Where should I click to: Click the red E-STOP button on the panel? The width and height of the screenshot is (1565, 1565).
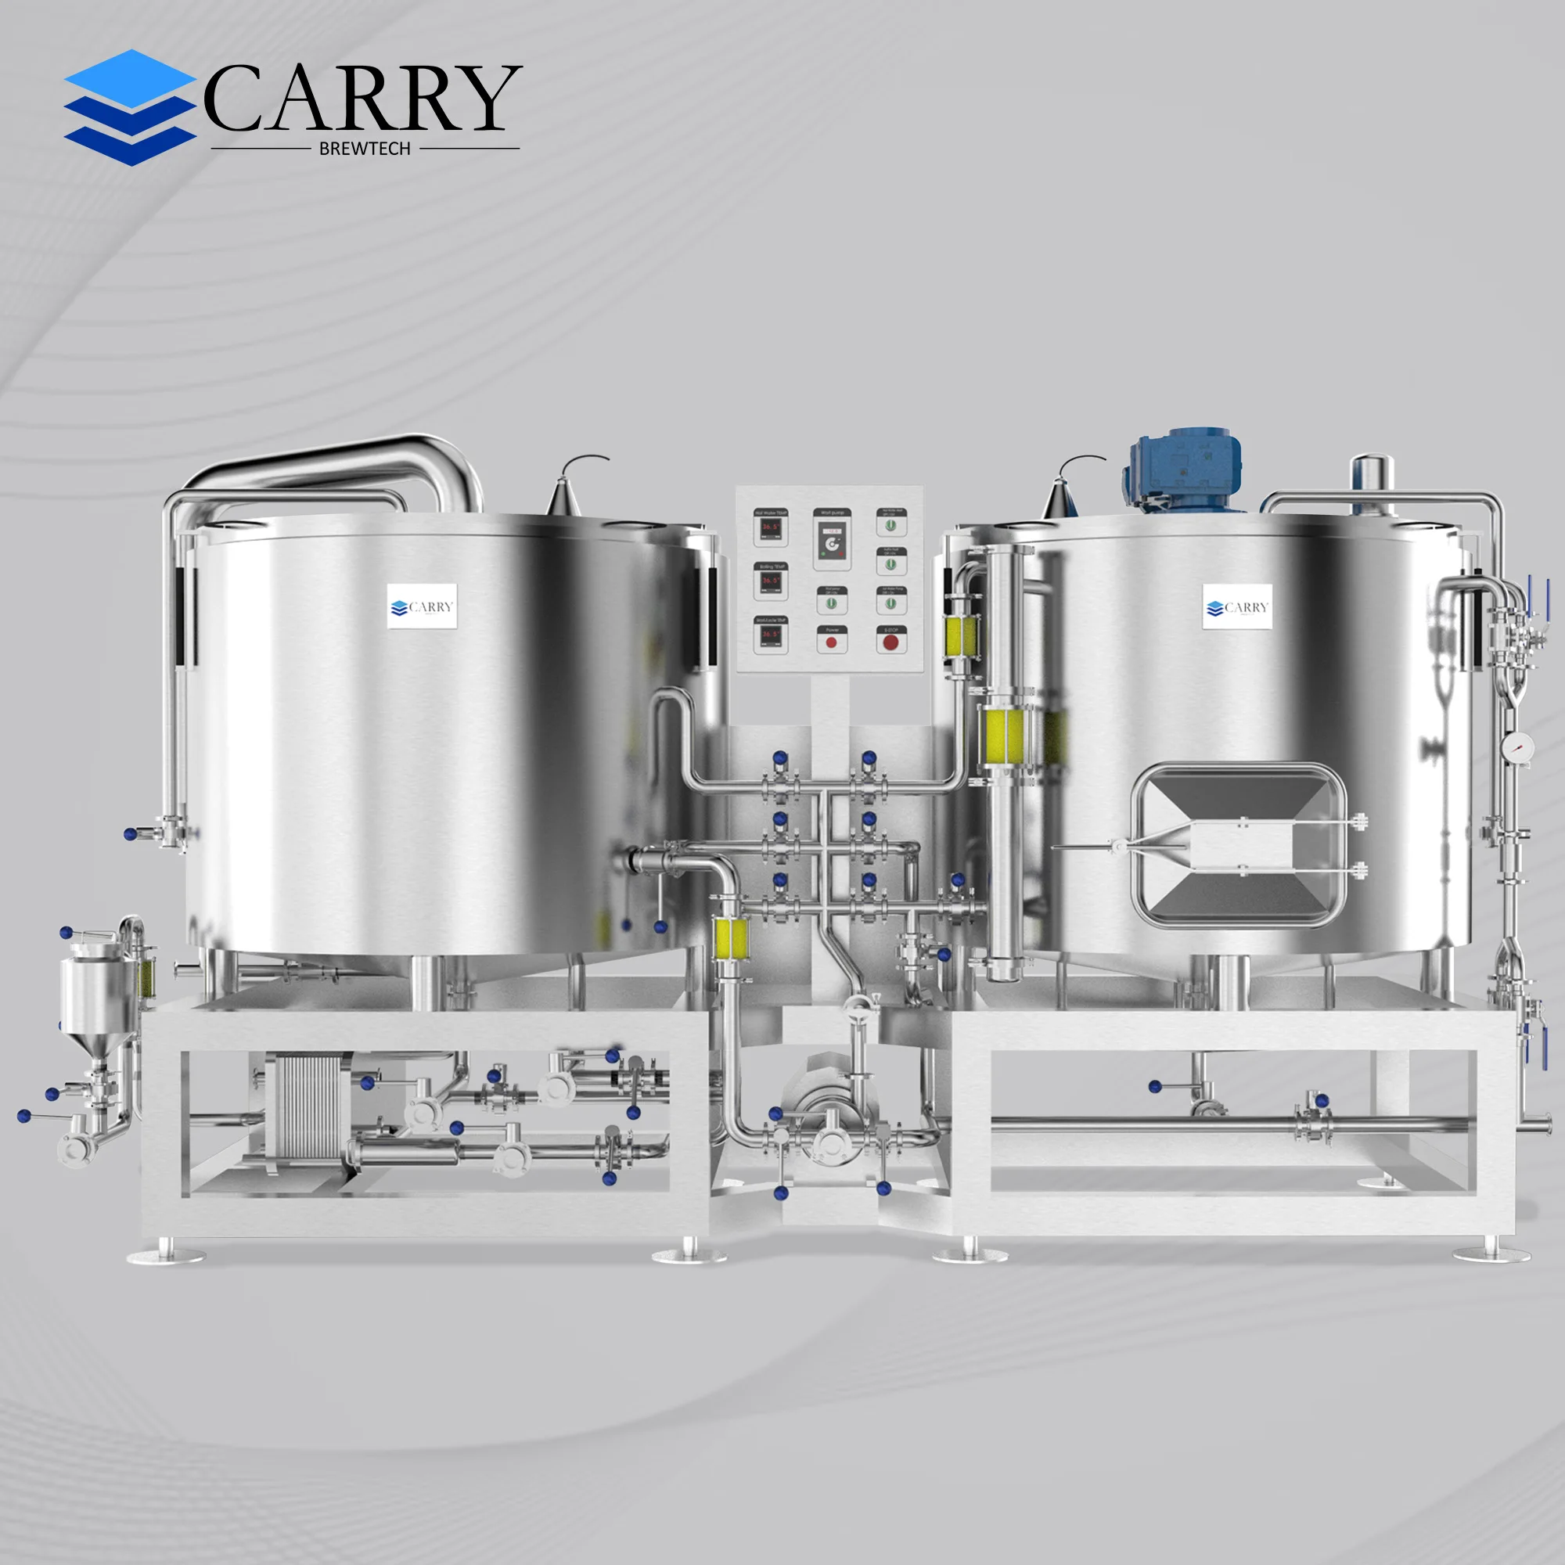pos(890,642)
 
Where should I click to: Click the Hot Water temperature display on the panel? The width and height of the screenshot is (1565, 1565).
pos(769,528)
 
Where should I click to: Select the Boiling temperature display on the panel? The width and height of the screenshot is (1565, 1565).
pos(769,581)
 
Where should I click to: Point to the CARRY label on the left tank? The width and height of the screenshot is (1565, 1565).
pos(421,606)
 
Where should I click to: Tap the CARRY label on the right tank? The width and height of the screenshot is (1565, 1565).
pos(1237,606)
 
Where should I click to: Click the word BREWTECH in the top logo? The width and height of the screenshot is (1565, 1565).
pos(365,149)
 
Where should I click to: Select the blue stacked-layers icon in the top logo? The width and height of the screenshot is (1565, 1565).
pos(130,108)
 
